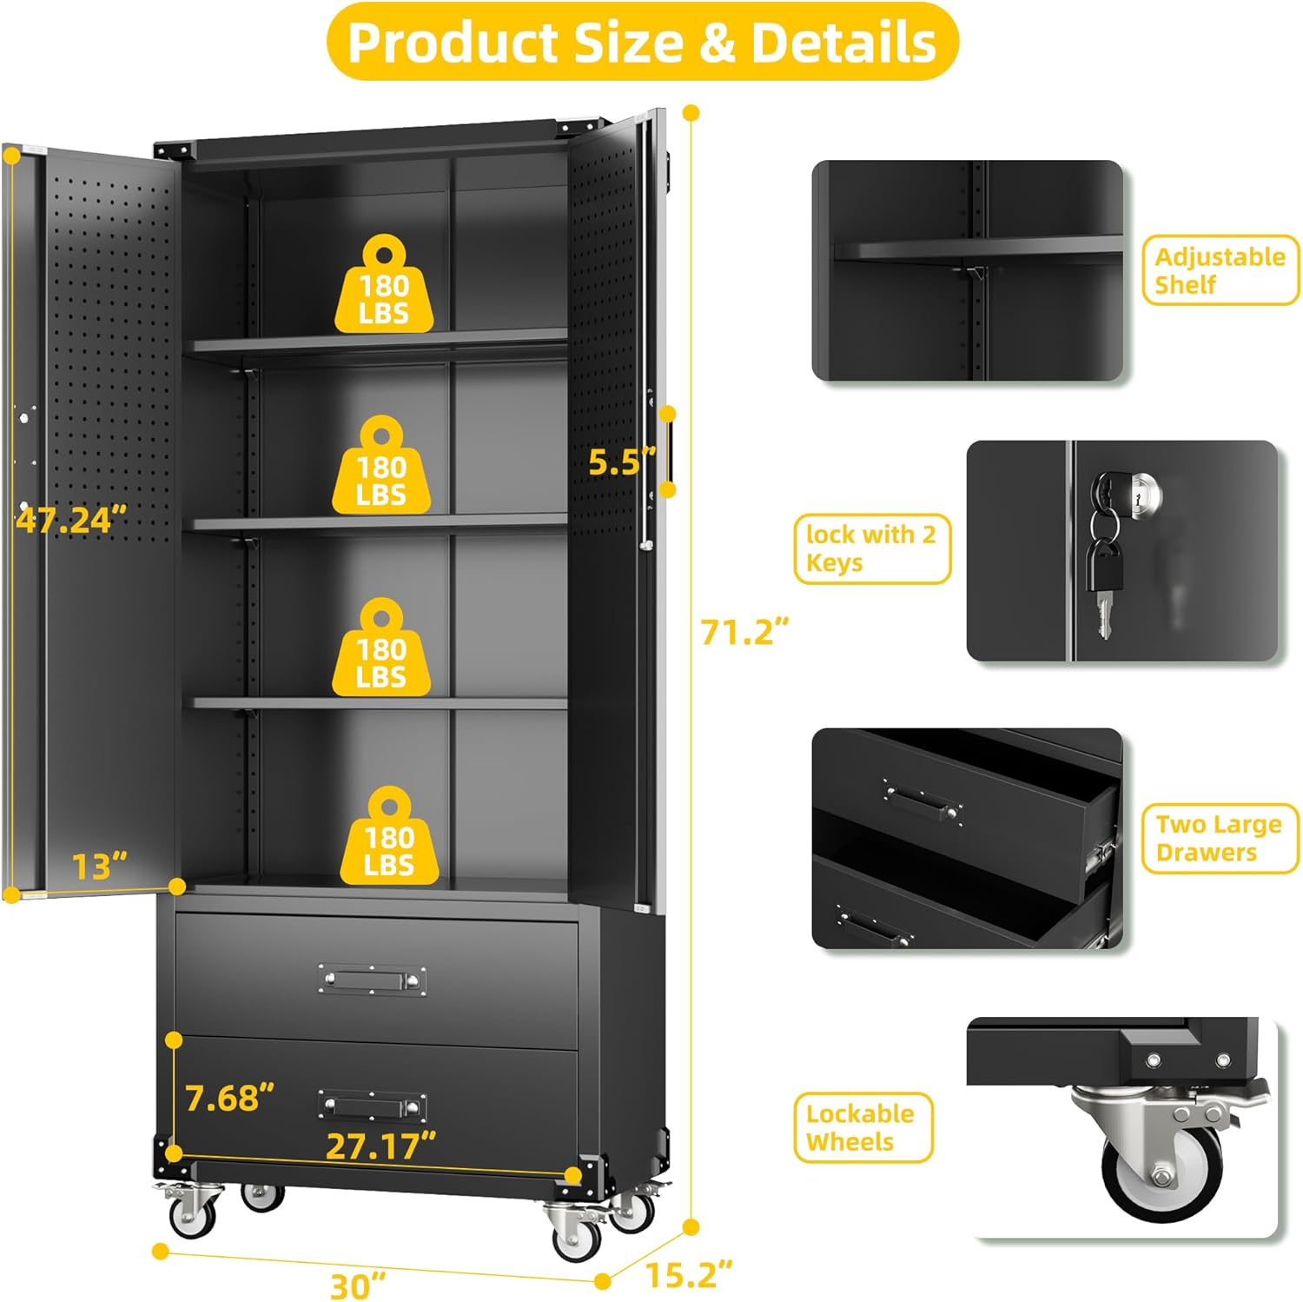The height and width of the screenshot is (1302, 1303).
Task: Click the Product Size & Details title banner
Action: (643, 42)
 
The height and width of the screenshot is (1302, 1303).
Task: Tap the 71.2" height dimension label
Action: (745, 631)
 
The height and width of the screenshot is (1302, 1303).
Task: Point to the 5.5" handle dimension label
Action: (622, 462)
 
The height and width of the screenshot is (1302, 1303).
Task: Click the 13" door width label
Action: (99, 866)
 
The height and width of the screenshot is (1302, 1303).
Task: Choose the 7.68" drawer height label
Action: (230, 1098)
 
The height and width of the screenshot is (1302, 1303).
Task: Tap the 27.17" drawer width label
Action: (380, 1146)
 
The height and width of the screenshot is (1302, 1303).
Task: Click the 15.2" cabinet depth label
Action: (689, 1274)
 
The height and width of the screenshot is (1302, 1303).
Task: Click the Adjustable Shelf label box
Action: (1220, 270)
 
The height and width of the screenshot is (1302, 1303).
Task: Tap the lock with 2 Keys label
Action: (872, 548)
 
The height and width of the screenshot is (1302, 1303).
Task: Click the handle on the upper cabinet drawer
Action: (372, 980)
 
